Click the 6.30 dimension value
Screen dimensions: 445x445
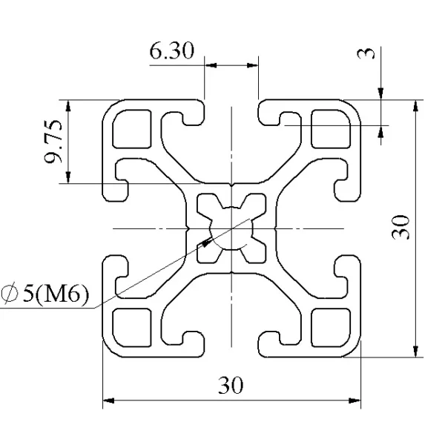(172, 50)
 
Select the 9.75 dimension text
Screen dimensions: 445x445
(53, 142)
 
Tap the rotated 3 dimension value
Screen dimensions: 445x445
(366, 53)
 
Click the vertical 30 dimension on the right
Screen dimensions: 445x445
(400, 228)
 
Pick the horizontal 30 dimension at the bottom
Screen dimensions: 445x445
(231, 385)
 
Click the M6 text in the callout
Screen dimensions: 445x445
(63, 294)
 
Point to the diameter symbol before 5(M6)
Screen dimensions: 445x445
(10, 294)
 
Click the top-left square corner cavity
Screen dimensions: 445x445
(132, 129)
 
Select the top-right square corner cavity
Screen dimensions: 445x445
(331, 129)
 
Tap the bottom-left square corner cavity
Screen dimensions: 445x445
(132, 328)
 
